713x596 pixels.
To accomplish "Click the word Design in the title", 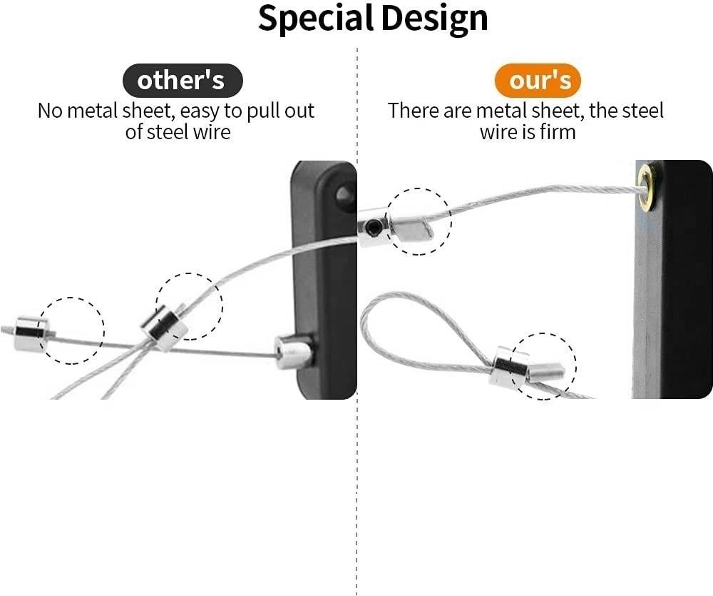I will [x=435, y=19].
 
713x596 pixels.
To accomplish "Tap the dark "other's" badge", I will [x=181, y=81].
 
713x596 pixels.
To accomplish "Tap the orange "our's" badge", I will [x=539, y=81].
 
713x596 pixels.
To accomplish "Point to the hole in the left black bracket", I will [x=344, y=194].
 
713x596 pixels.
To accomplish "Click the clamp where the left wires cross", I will [x=164, y=328].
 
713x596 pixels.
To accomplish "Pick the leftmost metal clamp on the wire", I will [x=31, y=333].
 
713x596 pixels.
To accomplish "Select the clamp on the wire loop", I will [x=508, y=367].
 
